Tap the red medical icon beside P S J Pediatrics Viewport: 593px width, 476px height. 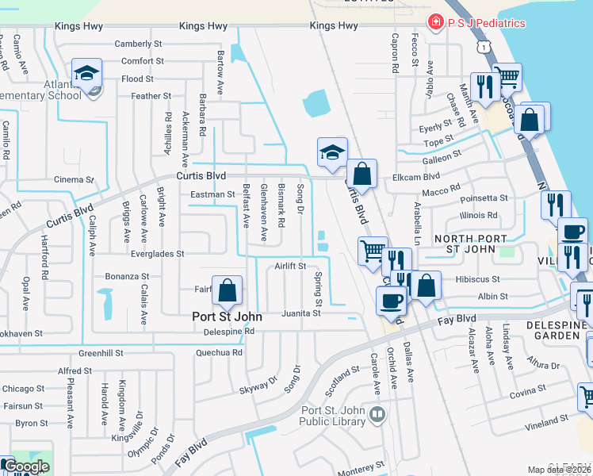coord(434,22)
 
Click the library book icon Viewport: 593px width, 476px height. coord(378,415)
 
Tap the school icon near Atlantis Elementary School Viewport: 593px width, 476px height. coord(86,74)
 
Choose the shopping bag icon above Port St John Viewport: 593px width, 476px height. coord(228,291)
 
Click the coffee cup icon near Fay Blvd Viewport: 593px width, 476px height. coord(391,301)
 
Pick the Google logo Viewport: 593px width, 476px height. coord(25,466)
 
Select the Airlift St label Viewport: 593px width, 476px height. coord(290,267)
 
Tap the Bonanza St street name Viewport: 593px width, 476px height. coord(128,277)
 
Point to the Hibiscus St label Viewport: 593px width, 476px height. coord(478,279)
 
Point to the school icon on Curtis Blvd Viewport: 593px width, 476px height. coord(332,152)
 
